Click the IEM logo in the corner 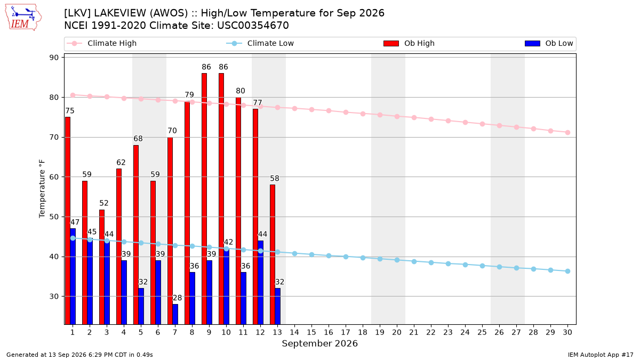23,18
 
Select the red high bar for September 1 68,221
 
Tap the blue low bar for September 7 175,314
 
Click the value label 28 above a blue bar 177,298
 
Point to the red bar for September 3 102,267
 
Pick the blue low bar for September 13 277,306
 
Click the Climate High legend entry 101,43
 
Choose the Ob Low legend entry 549,43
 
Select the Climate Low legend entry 260,43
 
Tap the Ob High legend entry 409,43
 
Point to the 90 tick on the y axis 54,58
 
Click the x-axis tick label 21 414,333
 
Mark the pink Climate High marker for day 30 567,133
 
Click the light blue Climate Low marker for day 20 397,260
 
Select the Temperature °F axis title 42,189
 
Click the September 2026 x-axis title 319,343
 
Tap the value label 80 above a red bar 241,91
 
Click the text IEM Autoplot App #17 601,355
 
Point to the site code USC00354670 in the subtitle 253,26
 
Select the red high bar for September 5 136,235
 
